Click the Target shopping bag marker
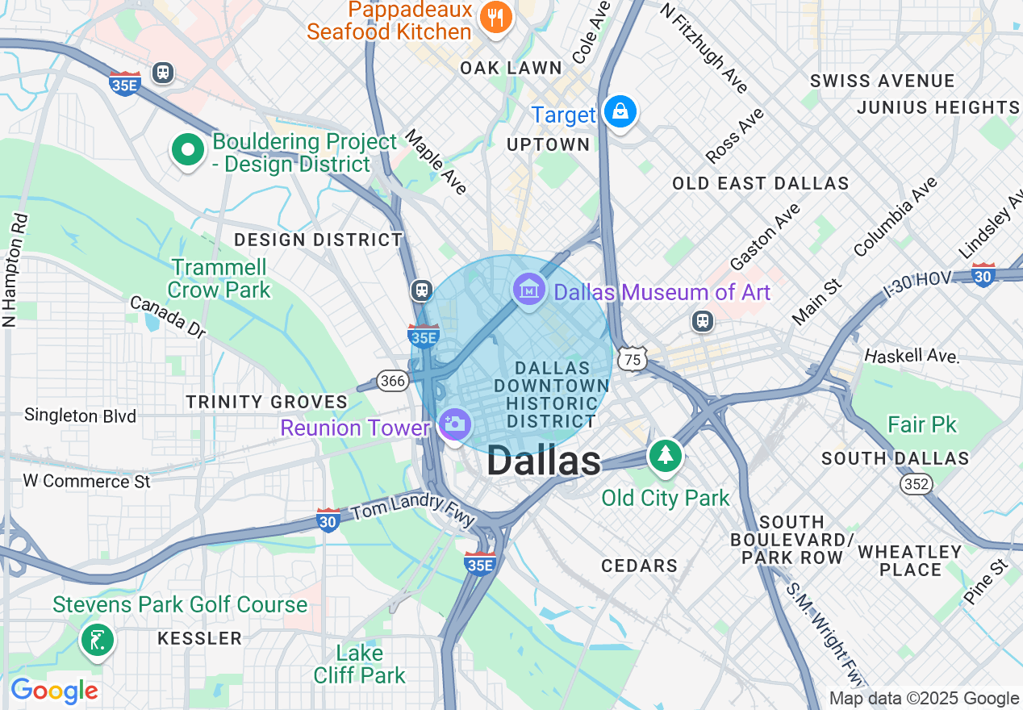tap(620, 112)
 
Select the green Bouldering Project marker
tap(187, 150)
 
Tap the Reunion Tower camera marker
tap(454, 424)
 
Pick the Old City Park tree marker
tap(665, 456)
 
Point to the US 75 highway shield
tap(633, 360)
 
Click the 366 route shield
tap(392, 380)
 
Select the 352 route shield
tap(917, 483)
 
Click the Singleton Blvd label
tap(81, 416)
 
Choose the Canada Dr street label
tap(168, 317)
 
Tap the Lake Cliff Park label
tap(360, 664)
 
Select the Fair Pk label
tap(921, 424)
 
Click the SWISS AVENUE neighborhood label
tap(882, 81)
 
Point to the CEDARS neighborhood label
tap(639, 566)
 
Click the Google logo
tap(54, 691)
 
